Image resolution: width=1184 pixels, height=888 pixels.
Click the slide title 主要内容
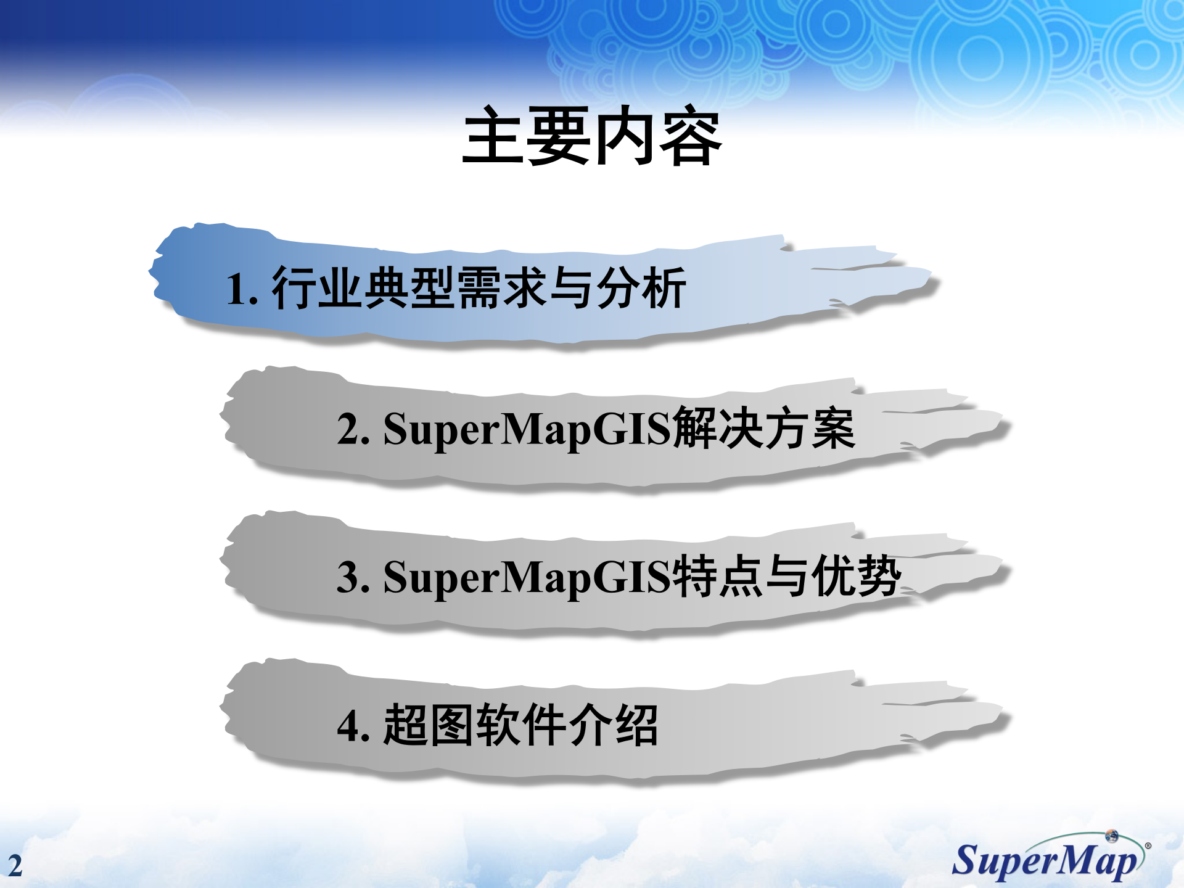point(592,136)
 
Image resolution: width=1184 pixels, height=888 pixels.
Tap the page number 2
point(15,865)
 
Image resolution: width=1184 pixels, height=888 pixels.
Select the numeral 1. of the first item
point(241,289)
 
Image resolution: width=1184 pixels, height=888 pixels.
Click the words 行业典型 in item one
point(364,288)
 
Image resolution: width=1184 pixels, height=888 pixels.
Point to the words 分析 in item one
point(641,288)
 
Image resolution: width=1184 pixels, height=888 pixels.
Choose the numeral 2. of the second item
point(353,429)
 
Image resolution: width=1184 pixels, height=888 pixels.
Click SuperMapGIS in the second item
point(527,429)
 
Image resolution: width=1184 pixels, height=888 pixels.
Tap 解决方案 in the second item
point(763,428)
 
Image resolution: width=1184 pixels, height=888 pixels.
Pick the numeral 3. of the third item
point(353,577)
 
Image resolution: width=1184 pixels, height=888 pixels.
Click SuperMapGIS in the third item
point(527,577)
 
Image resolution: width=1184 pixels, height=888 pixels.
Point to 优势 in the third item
point(856,576)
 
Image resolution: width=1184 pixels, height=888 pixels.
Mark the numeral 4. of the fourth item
point(353,725)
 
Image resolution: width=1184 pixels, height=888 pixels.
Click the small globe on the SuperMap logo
point(1112,836)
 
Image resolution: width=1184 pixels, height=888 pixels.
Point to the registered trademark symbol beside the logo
point(1148,846)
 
